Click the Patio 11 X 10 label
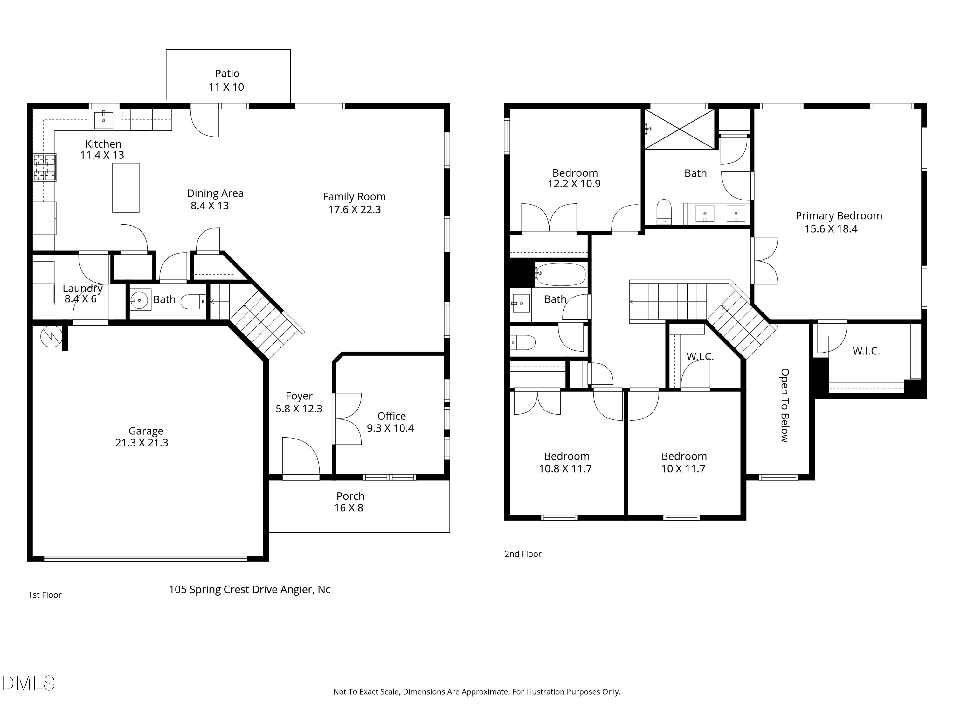[x=227, y=80]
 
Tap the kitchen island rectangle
[x=126, y=188]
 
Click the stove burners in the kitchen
[x=45, y=167]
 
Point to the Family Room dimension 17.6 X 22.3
[x=354, y=210]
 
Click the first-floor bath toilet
[x=193, y=302]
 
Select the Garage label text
[x=146, y=431]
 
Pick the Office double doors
[x=348, y=419]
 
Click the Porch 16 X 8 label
[x=350, y=502]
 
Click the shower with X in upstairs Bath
[x=680, y=129]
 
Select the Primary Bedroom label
[x=839, y=216]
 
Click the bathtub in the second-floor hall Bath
[x=561, y=275]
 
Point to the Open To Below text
[x=785, y=405]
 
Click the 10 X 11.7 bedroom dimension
[x=683, y=469]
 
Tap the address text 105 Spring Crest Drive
[x=249, y=590]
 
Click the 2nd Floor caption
[x=523, y=554]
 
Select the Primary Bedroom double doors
[x=765, y=261]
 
